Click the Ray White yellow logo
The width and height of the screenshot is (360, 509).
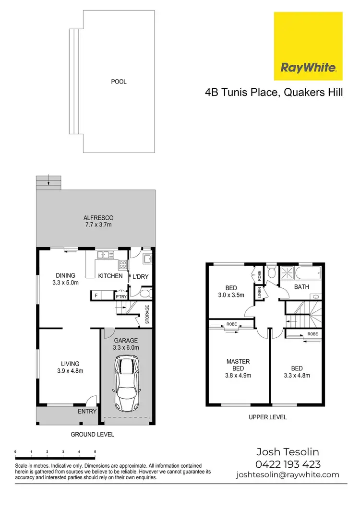[x=308, y=47]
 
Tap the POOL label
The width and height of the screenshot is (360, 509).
[x=119, y=82]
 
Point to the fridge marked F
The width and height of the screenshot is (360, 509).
[x=96, y=296]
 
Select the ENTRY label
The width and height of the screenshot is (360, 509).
[x=87, y=411]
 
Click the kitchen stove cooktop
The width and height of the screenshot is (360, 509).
[x=122, y=263]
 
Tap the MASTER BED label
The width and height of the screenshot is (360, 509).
[x=238, y=365]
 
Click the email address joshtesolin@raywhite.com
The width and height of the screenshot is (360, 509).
[x=288, y=475]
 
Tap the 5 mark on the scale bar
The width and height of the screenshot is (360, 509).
[x=95, y=452]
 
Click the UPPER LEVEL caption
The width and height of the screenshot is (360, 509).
[x=268, y=417]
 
